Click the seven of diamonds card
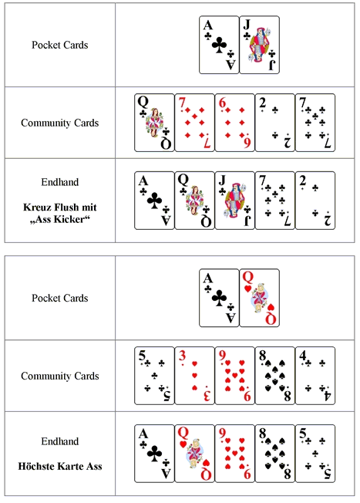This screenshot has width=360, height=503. (x=194, y=123)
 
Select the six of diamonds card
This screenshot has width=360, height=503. (x=234, y=123)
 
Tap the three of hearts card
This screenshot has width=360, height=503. (x=194, y=376)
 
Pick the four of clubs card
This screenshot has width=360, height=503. (x=315, y=376)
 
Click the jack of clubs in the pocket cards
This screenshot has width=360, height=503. (x=259, y=45)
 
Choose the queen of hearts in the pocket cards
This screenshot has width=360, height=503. (x=259, y=298)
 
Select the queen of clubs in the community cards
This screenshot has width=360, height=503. (x=154, y=123)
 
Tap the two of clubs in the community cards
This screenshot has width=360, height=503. (x=274, y=123)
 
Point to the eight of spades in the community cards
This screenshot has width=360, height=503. (x=274, y=376)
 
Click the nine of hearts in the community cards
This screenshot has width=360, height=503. (x=234, y=376)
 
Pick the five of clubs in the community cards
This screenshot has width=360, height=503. (x=154, y=376)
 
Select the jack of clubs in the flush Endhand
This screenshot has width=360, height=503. (x=234, y=201)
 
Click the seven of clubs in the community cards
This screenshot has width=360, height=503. (x=315, y=123)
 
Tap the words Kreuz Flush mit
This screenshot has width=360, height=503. (x=60, y=208)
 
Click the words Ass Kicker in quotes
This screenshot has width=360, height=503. (x=60, y=219)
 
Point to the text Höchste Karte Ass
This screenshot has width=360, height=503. (x=60, y=466)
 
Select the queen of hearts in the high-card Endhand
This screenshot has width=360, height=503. (x=194, y=454)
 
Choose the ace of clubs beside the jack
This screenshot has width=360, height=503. (x=219, y=45)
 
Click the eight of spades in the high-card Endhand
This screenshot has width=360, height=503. (x=274, y=454)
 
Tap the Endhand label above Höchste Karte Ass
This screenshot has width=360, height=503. (x=60, y=441)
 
